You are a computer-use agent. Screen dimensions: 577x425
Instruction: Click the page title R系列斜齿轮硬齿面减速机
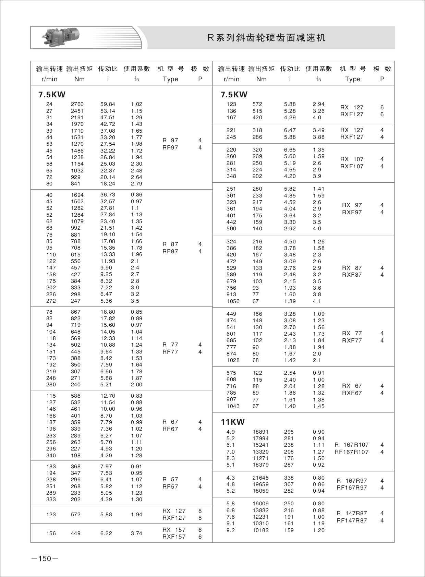[266, 38]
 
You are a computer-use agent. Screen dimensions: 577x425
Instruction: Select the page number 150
[45, 558]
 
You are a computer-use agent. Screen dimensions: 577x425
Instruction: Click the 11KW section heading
[233, 422]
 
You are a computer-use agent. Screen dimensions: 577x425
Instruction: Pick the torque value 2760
[77, 104]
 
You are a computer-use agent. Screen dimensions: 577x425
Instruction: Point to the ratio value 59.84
[108, 104]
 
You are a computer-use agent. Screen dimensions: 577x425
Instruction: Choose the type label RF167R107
[351, 452]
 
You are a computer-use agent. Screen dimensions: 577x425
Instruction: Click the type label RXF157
[174, 537]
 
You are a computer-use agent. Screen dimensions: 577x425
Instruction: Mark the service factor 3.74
[136, 533]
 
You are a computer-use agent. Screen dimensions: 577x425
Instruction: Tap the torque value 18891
[260, 432]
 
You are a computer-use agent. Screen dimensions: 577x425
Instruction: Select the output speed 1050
[233, 301]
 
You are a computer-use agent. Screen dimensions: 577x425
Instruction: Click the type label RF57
[170, 486]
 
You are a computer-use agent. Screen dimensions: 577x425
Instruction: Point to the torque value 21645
[260, 478]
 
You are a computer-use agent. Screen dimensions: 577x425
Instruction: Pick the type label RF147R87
[351, 520]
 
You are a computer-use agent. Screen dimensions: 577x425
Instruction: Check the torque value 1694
[77, 195]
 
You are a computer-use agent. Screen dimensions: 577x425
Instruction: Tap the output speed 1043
[233, 406]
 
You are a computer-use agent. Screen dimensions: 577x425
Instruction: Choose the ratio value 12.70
[108, 396]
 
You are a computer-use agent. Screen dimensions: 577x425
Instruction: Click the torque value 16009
[260, 504]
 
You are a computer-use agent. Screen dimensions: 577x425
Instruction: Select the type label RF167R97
[351, 488]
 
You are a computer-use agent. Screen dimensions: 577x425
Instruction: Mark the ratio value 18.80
[108, 312]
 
